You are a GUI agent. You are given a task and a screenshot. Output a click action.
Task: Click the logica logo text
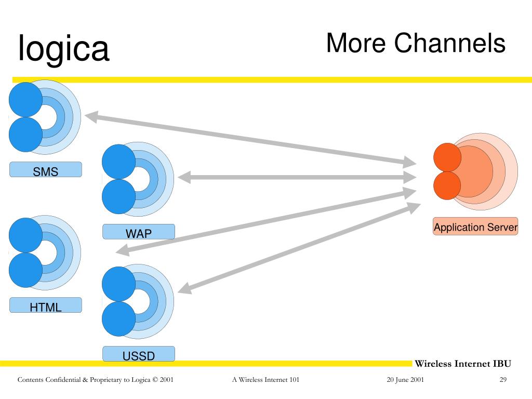pos(63,48)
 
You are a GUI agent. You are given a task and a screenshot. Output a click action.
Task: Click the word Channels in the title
pos(449,43)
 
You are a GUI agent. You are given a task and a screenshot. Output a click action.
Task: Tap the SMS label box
pos(45,170)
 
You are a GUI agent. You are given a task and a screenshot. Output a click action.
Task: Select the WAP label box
pos(138,232)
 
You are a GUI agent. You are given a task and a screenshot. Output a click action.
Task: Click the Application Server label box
pos(475,227)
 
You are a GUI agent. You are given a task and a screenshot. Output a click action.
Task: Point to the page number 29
pos(503,380)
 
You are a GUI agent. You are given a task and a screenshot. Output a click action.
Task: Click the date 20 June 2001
pos(405,380)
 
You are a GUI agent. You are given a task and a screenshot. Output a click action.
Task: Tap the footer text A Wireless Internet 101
pos(265,380)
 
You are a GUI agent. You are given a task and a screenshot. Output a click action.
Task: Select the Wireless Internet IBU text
pos(463,364)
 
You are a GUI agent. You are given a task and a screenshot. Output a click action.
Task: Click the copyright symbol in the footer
pos(155,380)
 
